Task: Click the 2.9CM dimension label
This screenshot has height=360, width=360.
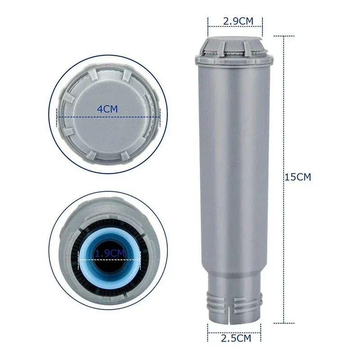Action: (235, 21)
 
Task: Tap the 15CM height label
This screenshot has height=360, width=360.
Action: (297, 177)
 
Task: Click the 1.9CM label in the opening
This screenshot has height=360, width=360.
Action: (109, 254)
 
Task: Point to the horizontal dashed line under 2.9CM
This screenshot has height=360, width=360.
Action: (235, 28)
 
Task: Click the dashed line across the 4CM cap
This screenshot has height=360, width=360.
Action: (108, 116)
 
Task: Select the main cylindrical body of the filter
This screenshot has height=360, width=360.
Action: (234, 157)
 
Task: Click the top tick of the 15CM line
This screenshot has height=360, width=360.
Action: (283, 36)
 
